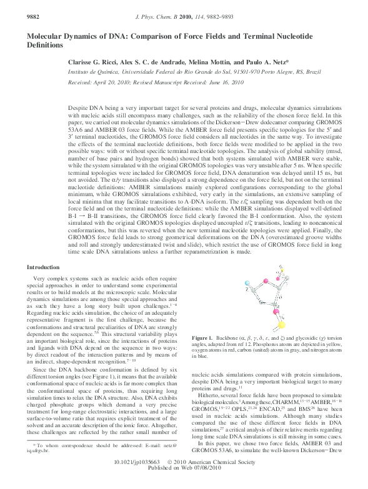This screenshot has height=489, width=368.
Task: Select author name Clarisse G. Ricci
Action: pos(94,63)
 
